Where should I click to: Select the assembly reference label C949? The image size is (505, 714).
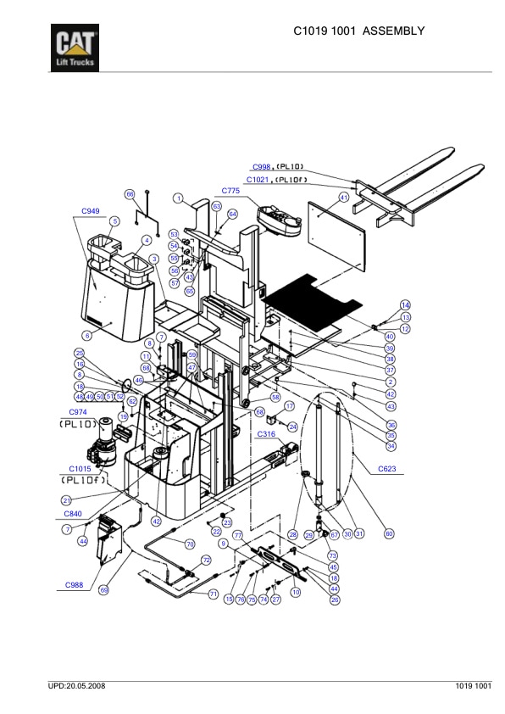tap(90, 210)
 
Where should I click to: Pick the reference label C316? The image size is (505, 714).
tap(267, 433)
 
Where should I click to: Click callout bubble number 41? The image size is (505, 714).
tap(344, 198)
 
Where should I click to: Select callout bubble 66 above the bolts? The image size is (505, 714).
tap(130, 194)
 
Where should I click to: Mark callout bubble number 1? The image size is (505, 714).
tap(180, 198)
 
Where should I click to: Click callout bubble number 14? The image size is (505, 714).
tap(405, 304)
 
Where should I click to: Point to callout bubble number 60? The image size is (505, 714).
tap(389, 533)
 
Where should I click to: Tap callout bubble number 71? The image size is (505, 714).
tap(214, 594)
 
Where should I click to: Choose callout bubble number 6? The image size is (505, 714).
tap(86, 336)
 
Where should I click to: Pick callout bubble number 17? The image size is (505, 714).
tap(289, 406)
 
